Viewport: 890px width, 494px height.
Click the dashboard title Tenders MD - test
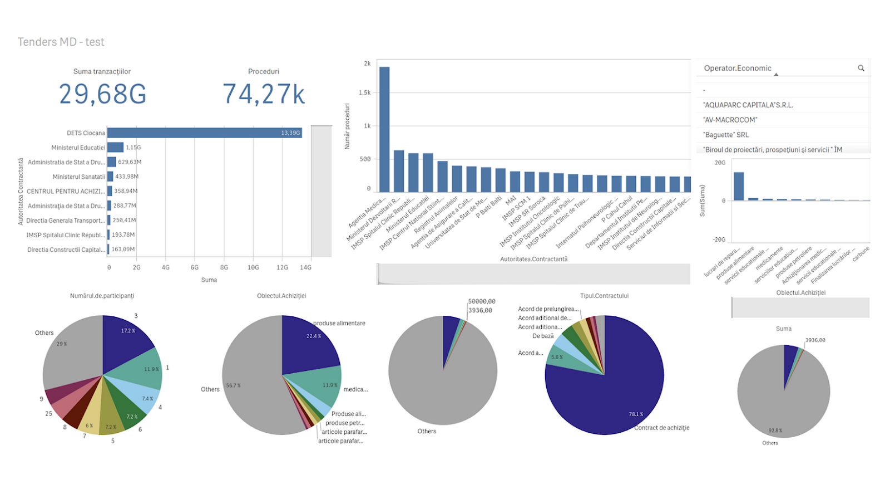point(61,42)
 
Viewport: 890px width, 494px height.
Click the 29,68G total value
point(103,94)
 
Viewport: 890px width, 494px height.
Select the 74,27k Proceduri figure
point(264,94)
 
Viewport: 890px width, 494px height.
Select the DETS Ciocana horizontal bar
point(204,133)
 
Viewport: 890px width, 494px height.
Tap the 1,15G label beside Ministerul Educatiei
point(133,148)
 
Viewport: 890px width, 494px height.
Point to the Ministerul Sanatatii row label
point(78,177)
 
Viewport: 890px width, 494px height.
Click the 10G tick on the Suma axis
point(253,267)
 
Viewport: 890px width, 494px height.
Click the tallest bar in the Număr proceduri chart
point(384,129)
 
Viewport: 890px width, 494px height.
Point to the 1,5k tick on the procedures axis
point(364,92)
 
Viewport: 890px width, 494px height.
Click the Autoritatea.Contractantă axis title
point(533,259)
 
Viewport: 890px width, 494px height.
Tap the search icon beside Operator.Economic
point(861,68)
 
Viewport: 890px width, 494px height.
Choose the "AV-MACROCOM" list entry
point(730,120)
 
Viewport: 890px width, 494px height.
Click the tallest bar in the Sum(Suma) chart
point(739,186)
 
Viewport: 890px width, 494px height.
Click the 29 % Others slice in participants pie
point(70,351)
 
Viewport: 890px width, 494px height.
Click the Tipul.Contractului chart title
point(604,296)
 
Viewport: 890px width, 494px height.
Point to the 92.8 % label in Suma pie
point(775,431)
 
